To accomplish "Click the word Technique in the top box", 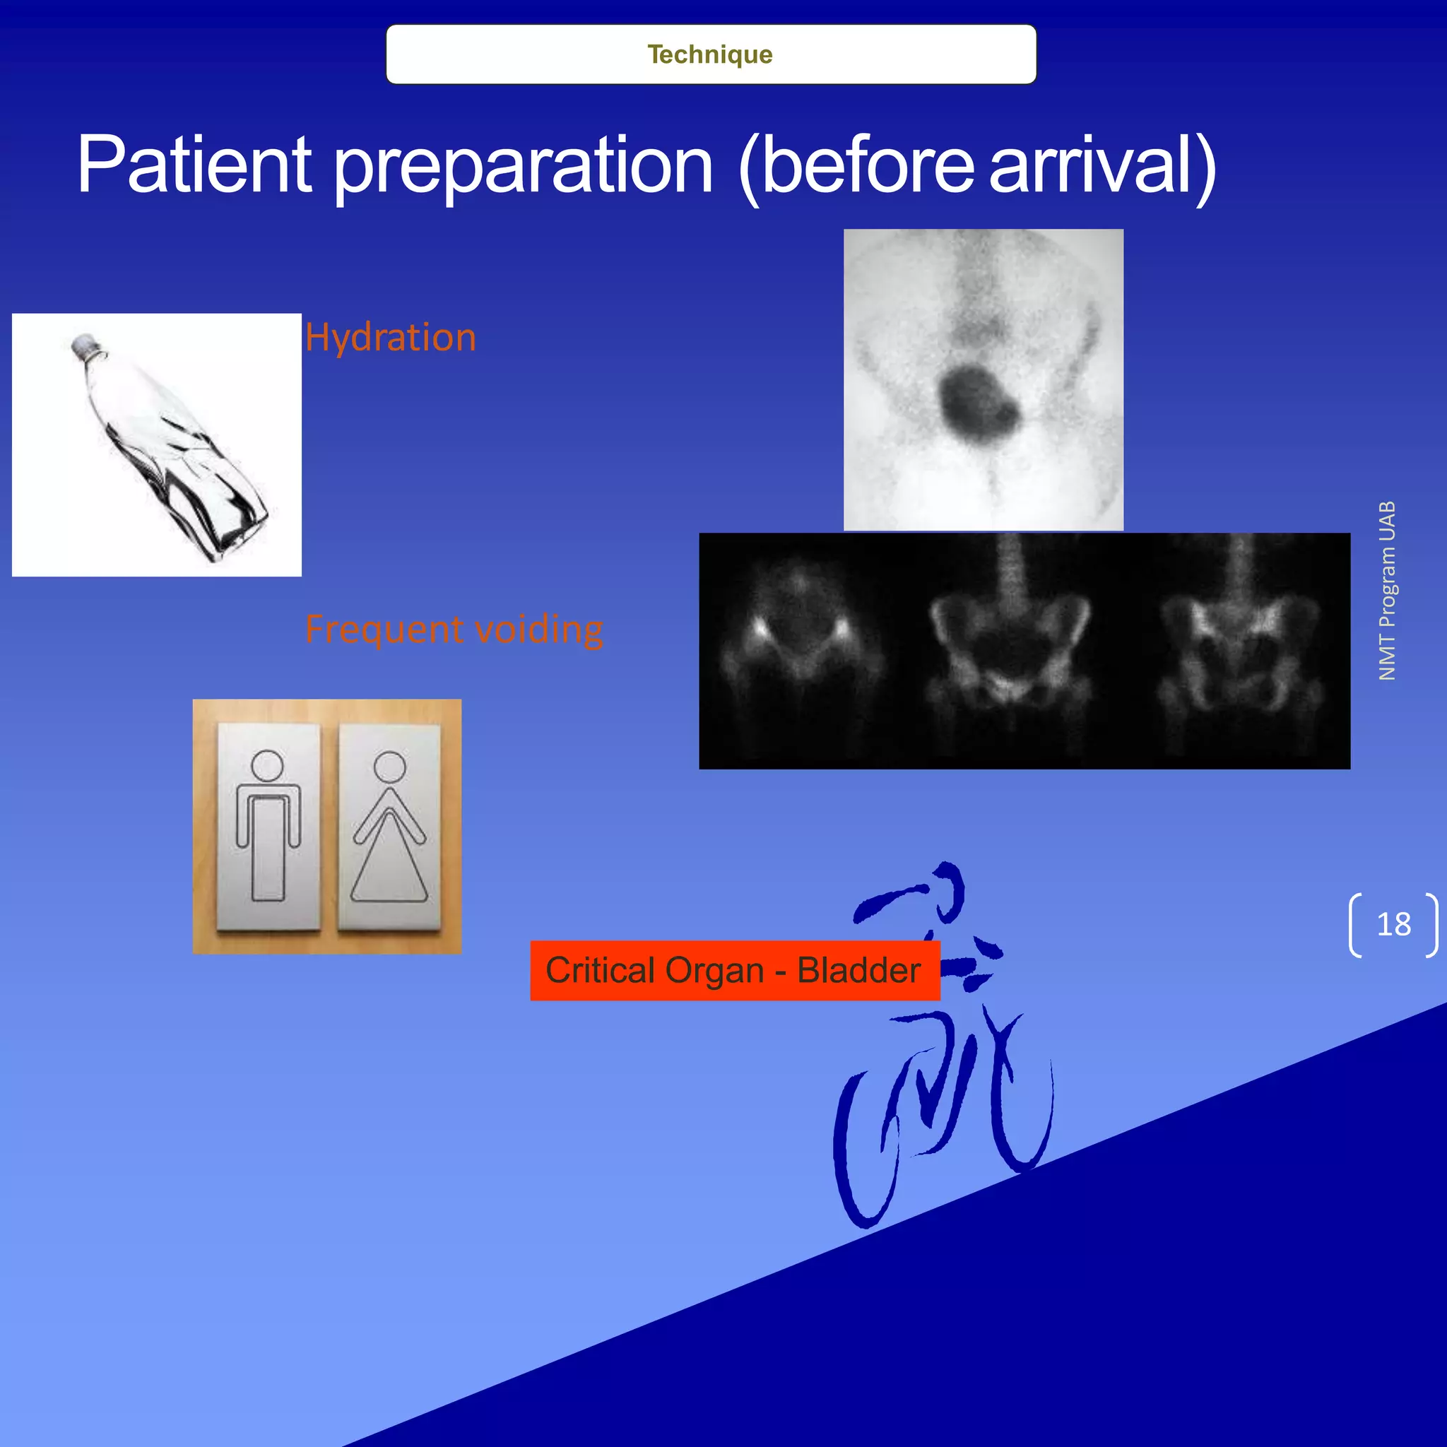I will [x=710, y=54].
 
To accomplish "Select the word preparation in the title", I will [x=523, y=166].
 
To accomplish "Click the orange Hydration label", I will [x=390, y=338].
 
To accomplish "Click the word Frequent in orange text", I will [x=384, y=629].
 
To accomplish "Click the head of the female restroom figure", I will [x=389, y=767].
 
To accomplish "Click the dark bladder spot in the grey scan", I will [x=976, y=401].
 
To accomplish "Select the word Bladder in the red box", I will [x=858, y=971].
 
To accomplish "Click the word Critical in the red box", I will [x=600, y=971].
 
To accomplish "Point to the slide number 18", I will [x=1393, y=924].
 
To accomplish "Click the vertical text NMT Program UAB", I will [x=1387, y=591].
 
